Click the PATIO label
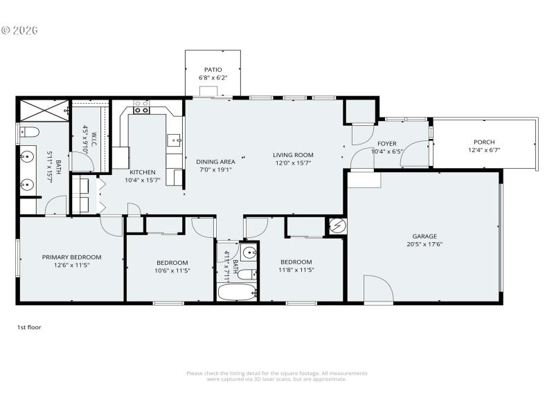pos(213,70)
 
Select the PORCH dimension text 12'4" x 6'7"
pos(484,150)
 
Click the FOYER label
pos(387,143)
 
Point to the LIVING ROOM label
pos(293,155)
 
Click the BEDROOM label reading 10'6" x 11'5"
pos(172,262)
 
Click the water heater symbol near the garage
pos(337,225)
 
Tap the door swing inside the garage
pos(377,289)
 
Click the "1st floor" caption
pos(29,327)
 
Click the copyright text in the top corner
pos(19,30)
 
